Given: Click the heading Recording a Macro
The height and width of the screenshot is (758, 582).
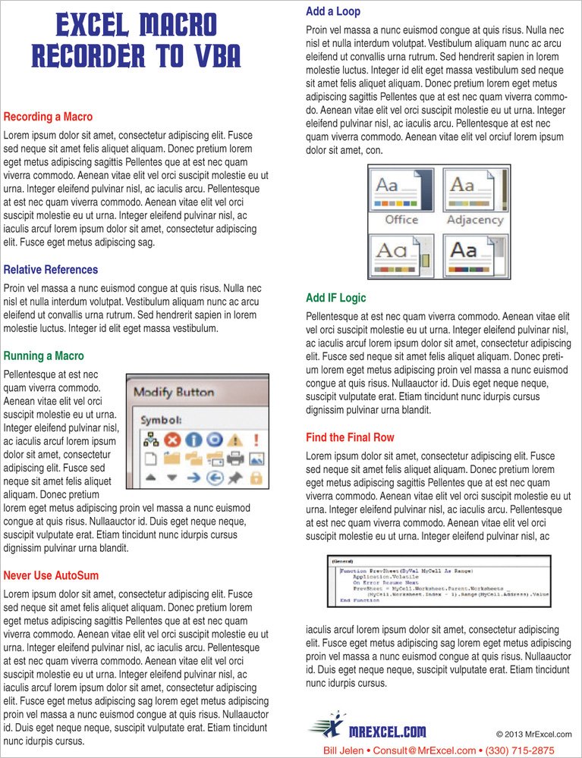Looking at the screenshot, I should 48,117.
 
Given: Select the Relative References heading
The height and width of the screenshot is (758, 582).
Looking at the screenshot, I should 51,269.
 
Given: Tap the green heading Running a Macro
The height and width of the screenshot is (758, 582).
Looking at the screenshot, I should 44,356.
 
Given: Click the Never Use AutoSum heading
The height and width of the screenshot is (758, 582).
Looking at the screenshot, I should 51,575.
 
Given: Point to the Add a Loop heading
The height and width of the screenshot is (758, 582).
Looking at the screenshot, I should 333,11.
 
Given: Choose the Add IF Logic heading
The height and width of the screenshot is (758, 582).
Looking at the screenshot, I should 335,297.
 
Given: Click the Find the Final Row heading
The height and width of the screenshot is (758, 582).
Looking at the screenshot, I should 350,437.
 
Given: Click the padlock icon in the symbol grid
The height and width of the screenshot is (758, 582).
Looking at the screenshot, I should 256,478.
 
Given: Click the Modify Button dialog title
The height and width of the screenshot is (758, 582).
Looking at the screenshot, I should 174,392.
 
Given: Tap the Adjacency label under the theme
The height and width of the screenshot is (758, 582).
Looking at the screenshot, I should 475,220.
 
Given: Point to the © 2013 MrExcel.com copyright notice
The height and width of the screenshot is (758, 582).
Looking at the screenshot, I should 533,734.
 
